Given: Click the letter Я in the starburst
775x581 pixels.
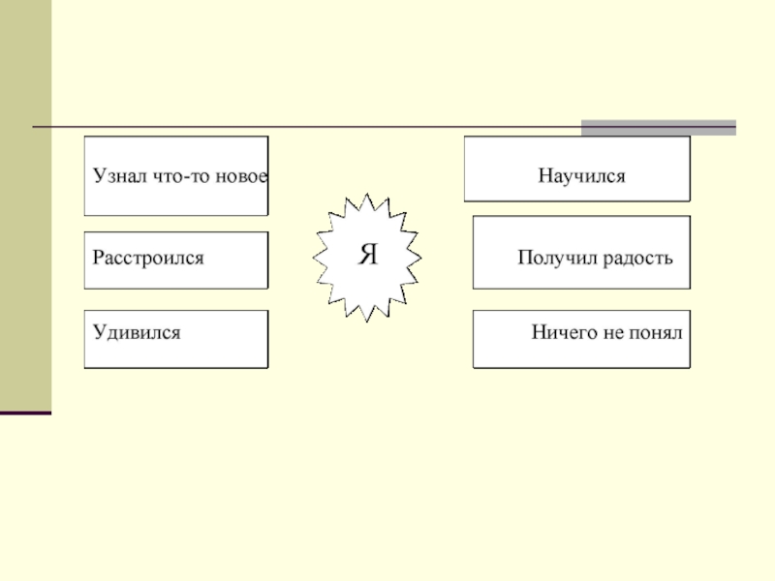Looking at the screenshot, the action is click(368, 256).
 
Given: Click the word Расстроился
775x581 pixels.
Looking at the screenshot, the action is click(148, 259).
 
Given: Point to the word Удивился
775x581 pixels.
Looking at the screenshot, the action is click(137, 332).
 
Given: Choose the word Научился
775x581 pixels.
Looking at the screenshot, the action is click(582, 177).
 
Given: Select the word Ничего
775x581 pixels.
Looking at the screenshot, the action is click(559, 332).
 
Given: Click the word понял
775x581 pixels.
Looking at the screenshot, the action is click(659, 332).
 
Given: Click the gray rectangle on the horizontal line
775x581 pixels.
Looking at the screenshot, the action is click(658, 127).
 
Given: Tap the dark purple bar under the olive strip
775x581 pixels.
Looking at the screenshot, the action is click(25, 413).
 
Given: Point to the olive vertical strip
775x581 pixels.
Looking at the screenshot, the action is click(25, 203).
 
